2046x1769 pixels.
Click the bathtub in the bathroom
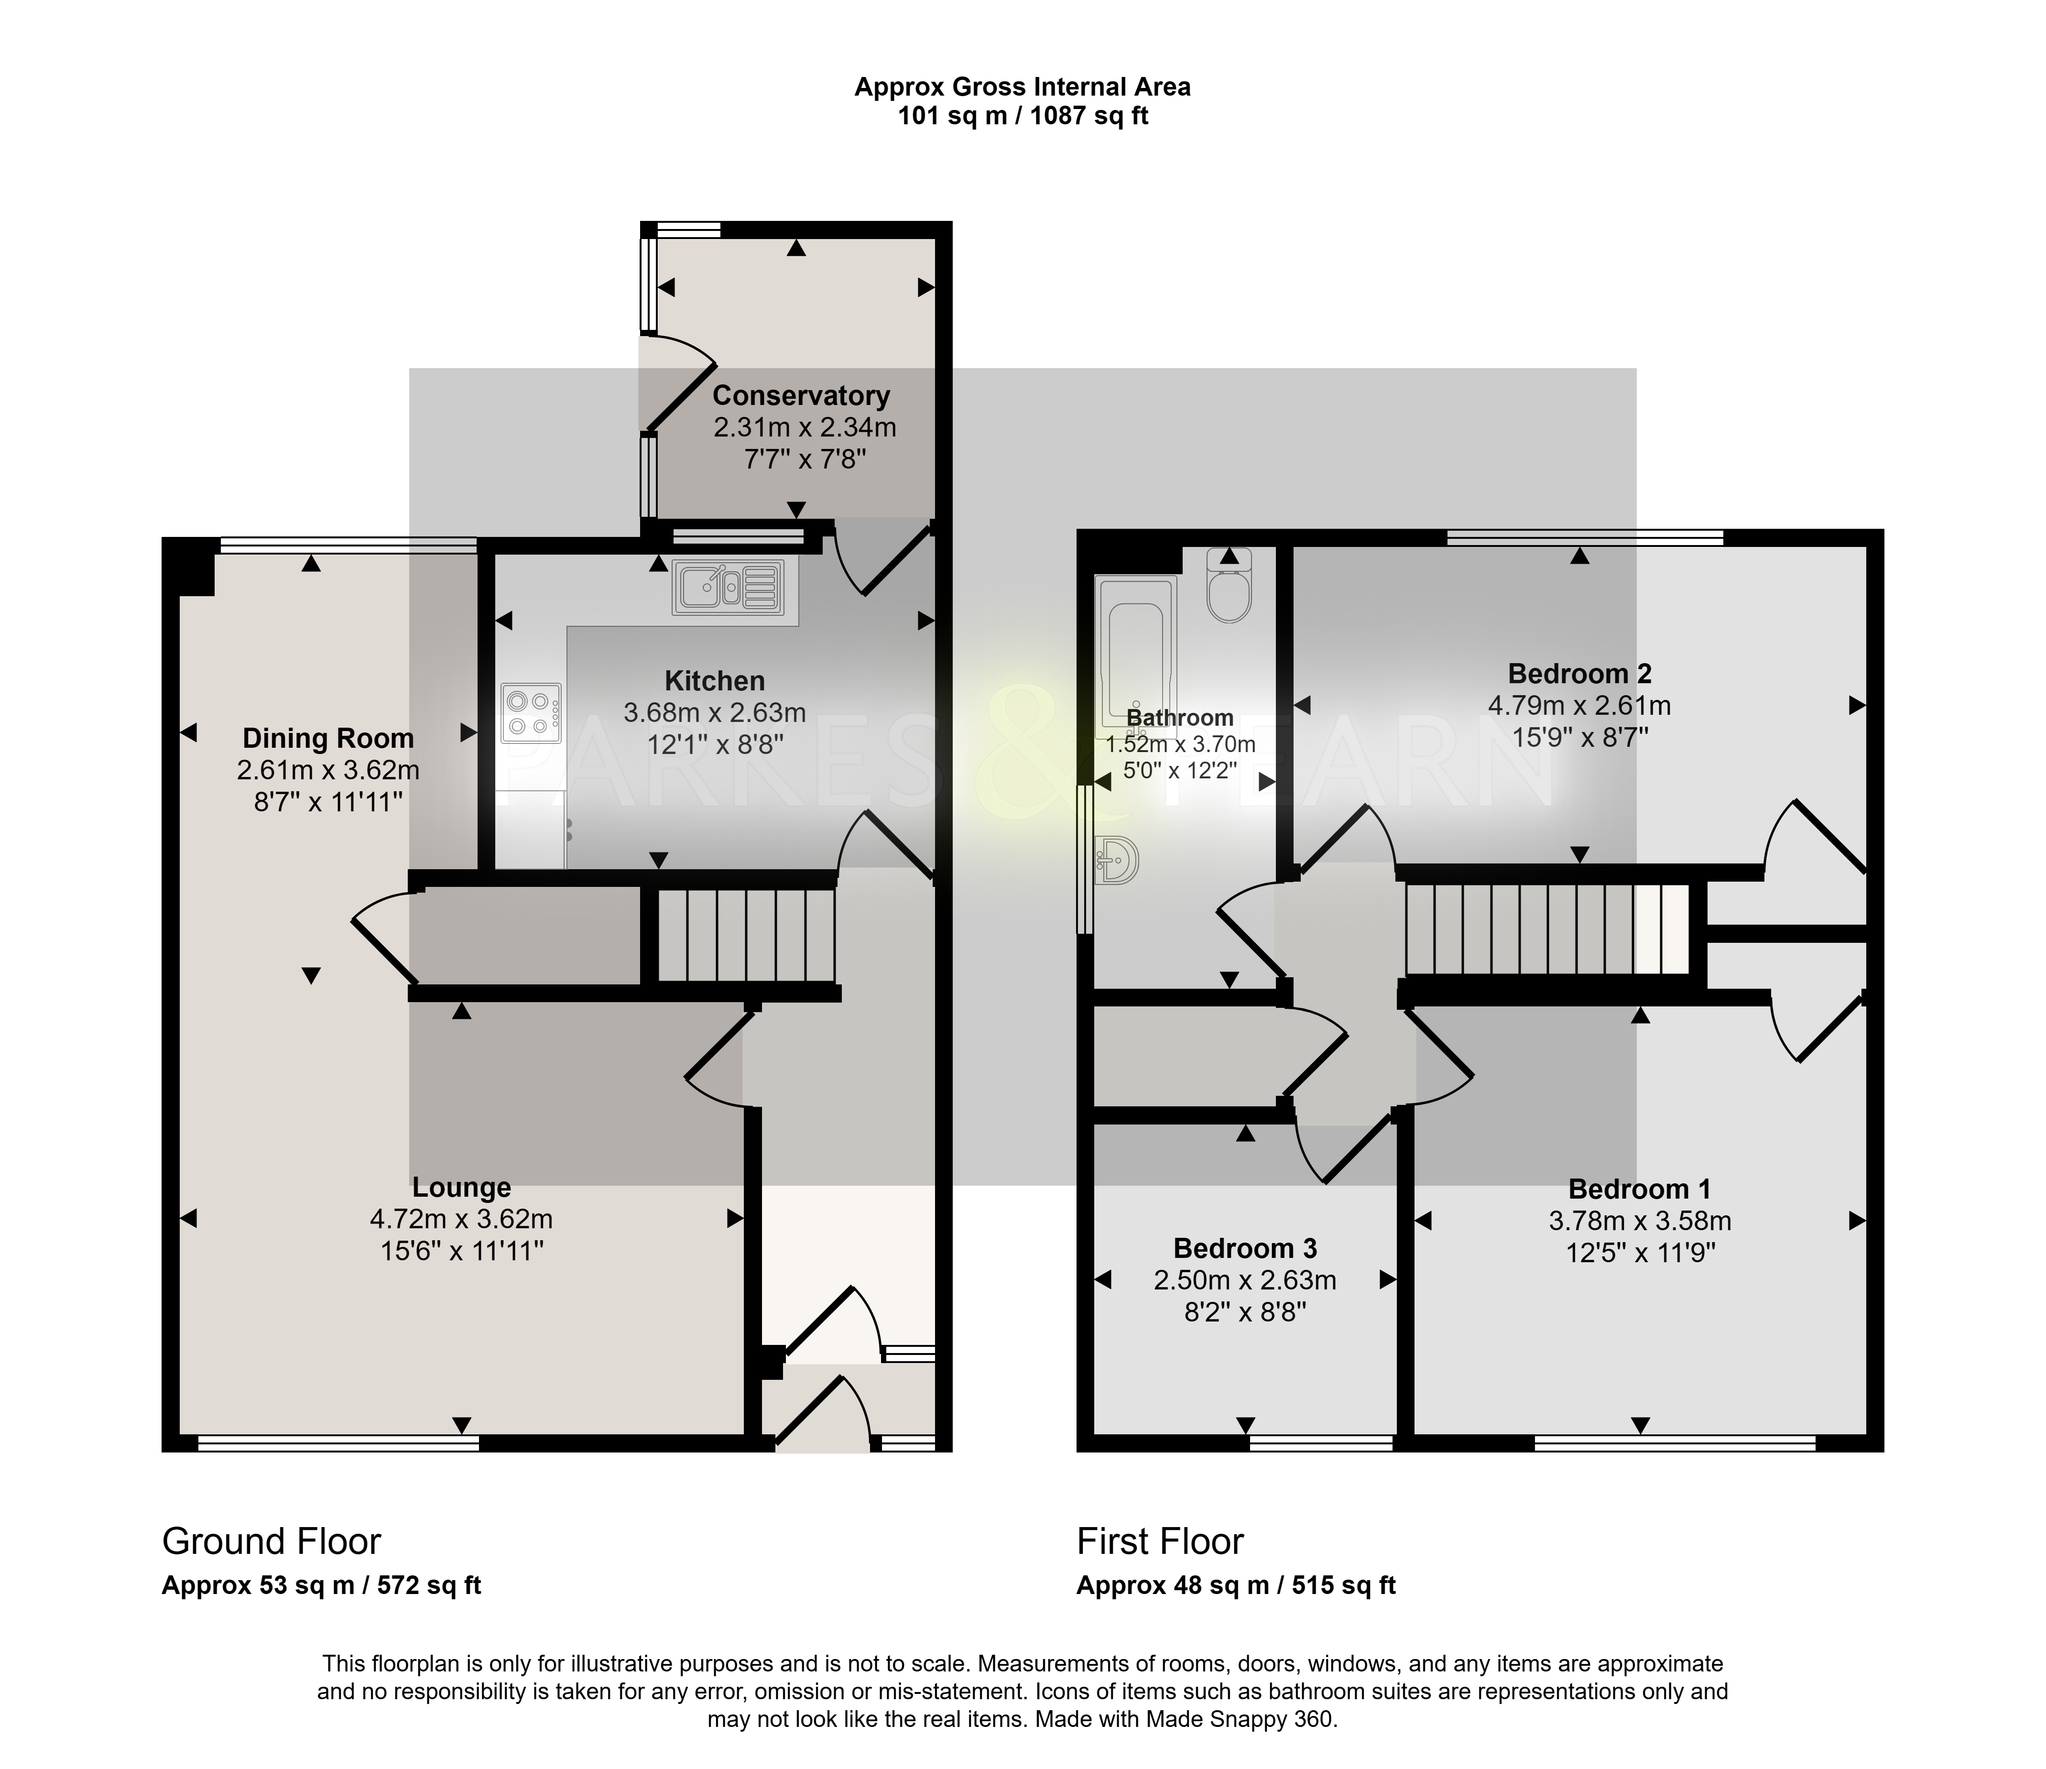[x=1135, y=657]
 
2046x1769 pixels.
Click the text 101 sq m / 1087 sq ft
[x=1023, y=117]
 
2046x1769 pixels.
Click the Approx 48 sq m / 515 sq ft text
[x=1236, y=1585]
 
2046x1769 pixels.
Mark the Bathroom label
[x=1180, y=718]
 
